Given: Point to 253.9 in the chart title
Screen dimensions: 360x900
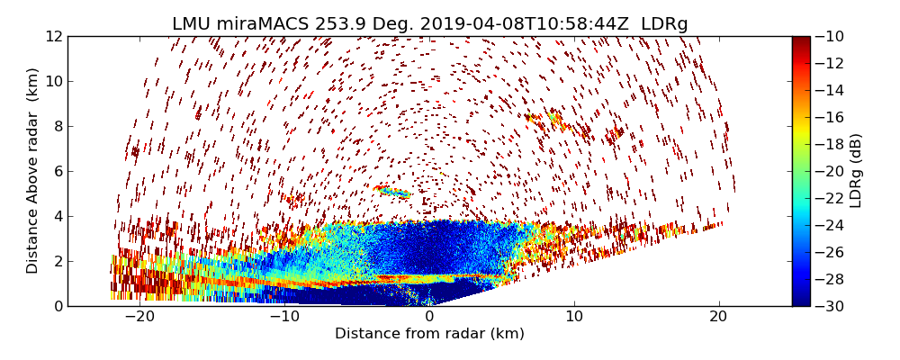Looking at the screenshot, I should [x=340, y=24].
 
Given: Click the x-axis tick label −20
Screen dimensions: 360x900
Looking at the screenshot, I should [x=139, y=318].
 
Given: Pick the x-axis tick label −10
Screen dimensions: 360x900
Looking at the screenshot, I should [x=283, y=318].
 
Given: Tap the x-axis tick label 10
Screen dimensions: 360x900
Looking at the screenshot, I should [x=574, y=318].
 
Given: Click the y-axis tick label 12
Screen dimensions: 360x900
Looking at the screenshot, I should [x=52, y=37].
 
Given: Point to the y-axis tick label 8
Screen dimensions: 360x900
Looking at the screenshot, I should [x=56, y=127].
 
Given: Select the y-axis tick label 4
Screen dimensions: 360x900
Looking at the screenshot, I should [x=56, y=216].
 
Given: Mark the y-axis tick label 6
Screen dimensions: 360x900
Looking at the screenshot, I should [x=56, y=172].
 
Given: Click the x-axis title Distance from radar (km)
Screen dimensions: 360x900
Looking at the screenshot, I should [x=429, y=334].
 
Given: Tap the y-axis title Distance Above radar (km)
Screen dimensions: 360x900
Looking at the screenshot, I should [x=33, y=170].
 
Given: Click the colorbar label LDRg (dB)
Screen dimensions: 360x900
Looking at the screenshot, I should [x=856, y=170].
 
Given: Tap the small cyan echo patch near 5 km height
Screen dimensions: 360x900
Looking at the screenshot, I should [x=395, y=192].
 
